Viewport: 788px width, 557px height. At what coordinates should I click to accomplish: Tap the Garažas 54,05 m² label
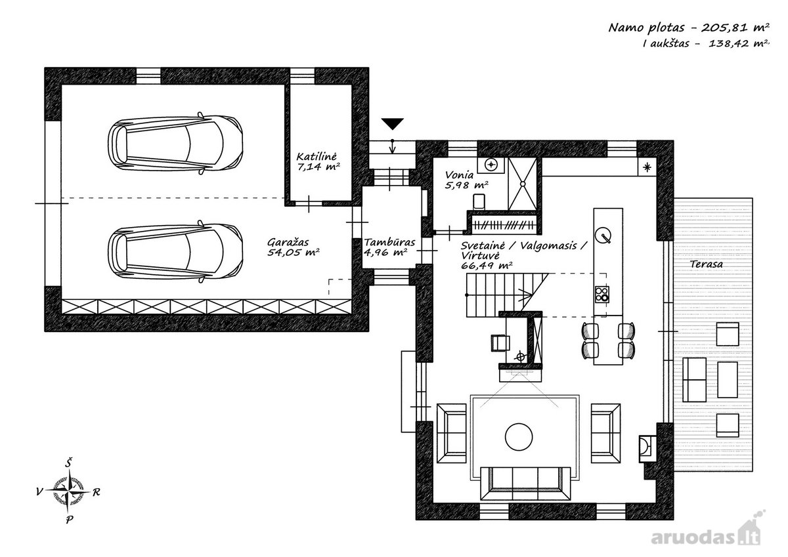294,247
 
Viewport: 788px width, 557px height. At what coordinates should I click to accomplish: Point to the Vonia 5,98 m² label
466,180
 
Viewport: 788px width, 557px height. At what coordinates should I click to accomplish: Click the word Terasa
707,264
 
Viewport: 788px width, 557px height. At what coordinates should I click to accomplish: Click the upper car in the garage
175,144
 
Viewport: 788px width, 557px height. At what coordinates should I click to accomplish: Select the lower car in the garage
175,252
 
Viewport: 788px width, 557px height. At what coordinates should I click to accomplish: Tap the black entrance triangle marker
392,125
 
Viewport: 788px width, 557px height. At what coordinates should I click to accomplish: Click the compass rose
69,491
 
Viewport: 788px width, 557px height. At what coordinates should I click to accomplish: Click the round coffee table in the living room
519,437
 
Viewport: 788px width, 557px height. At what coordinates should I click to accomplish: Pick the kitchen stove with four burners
602,295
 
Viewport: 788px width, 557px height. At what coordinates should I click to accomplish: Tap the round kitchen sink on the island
603,235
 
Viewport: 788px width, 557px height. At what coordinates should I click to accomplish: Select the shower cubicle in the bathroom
523,184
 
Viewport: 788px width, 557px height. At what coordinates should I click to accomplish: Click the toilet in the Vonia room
479,201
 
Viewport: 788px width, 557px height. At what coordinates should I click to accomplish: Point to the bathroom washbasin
491,165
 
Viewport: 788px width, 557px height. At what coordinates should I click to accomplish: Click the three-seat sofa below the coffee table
525,484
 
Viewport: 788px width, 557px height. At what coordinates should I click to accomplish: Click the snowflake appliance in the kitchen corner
647,167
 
